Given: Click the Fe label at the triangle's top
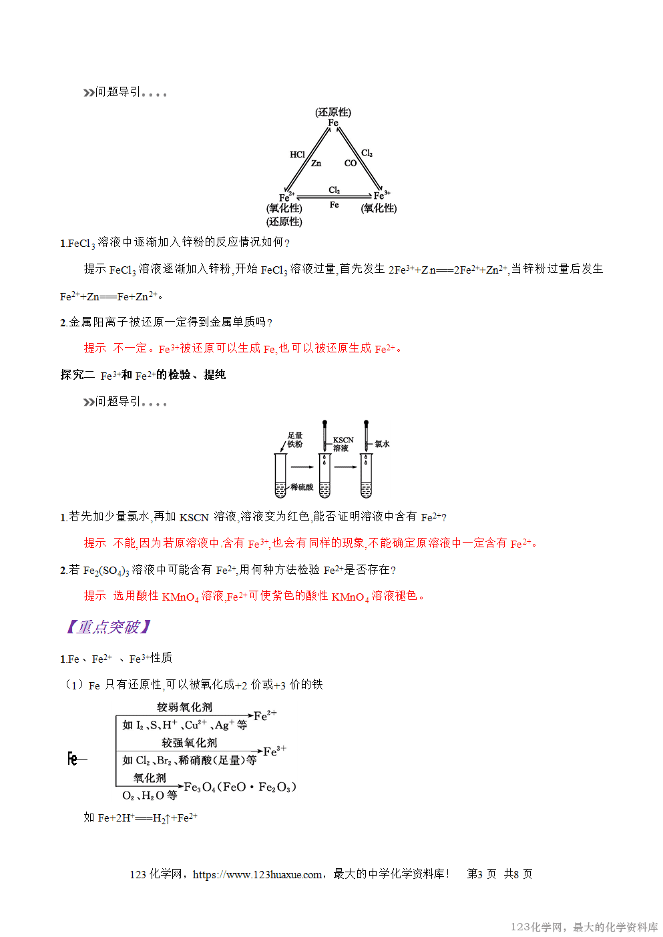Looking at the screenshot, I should pyautogui.click(x=333, y=123).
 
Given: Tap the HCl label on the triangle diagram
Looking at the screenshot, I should pyautogui.click(x=297, y=154).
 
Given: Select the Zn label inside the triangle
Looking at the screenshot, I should pyautogui.click(x=316, y=164).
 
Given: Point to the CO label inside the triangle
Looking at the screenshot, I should pyautogui.click(x=351, y=164).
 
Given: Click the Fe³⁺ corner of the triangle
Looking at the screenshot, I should pyautogui.click(x=381, y=196).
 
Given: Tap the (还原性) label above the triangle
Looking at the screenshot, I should pyautogui.click(x=333, y=112).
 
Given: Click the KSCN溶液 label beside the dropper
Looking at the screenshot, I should pyautogui.click(x=343, y=444).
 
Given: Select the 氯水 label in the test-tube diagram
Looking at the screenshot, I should pyautogui.click(x=382, y=444).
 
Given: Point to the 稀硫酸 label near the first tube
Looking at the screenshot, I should pyautogui.click(x=302, y=487).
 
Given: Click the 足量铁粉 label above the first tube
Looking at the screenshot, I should pyautogui.click(x=295, y=440).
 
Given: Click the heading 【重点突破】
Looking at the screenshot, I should pyautogui.click(x=109, y=627).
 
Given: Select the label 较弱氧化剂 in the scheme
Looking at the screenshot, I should pyautogui.click(x=184, y=707).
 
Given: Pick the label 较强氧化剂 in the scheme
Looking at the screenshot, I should pyautogui.click(x=189, y=742).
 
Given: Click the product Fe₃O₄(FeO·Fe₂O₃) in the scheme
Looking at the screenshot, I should pyautogui.click(x=240, y=787).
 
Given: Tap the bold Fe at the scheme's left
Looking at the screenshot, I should pyautogui.click(x=73, y=759).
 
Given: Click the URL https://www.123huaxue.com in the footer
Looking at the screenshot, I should pyautogui.click(x=257, y=874).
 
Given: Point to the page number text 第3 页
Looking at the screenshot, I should pyautogui.click(x=481, y=874).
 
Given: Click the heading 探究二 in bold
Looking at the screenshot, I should pyautogui.click(x=77, y=375).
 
